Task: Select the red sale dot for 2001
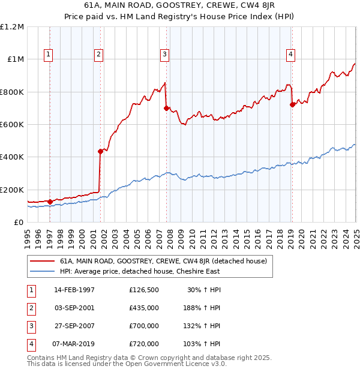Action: [100, 151]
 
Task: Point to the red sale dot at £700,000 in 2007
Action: [166, 109]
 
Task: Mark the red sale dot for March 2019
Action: [292, 105]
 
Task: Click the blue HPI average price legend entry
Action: [139, 271]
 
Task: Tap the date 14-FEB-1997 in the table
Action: [74, 290]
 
